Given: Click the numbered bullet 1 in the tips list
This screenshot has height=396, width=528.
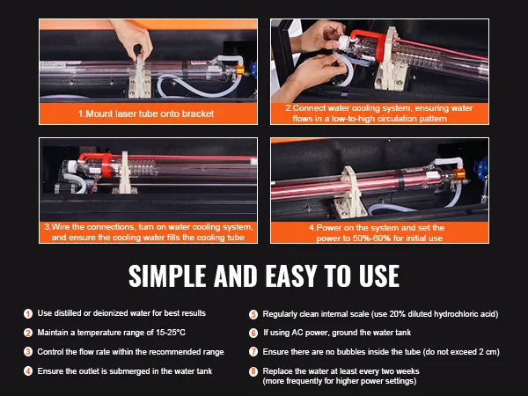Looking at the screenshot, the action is pyautogui.click(x=28, y=313).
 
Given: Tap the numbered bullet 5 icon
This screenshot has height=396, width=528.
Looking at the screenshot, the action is pyautogui.click(x=253, y=314).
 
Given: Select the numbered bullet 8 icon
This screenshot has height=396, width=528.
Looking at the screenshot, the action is pyautogui.click(x=253, y=371).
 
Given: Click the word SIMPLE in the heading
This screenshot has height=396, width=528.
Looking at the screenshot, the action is pyautogui.click(x=167, y=275).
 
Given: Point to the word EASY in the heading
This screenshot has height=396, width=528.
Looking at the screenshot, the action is pyautogui.click(x=291, y=275).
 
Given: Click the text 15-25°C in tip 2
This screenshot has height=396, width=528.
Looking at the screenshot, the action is pyautogui.click(x=171, y=333).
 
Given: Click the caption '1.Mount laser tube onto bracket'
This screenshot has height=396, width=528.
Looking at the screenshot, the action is pyautogui.click(x=146, y=114).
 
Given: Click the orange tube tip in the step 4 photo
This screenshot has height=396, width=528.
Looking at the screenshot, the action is pyautogui.click(x=460, y=174).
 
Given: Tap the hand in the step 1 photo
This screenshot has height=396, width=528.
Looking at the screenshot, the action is pyautogui.click(x=132, y=38).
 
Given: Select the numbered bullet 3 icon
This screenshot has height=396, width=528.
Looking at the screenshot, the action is pyautogui.click(x=28, y=352).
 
